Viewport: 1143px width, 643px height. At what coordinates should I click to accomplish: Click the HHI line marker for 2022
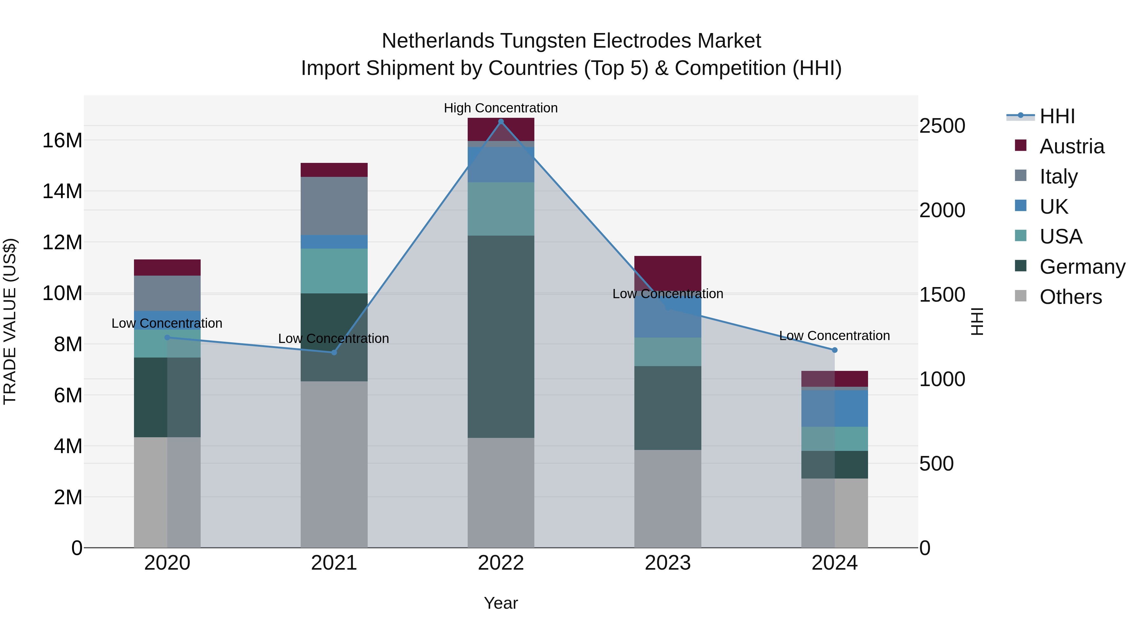(501, 122)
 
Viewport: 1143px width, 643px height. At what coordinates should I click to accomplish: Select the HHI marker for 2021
(334, 352)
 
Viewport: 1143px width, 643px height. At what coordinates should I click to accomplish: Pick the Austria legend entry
(1071, 146)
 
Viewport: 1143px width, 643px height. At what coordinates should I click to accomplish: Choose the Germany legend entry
(1082, 267)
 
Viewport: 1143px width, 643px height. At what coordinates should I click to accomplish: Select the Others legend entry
(1070, 297)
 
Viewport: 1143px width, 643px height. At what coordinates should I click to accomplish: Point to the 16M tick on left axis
(62, 141)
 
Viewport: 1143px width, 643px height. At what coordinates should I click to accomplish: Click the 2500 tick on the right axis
(942, 126)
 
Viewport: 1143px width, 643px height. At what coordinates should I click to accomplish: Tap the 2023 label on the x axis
(667, 563)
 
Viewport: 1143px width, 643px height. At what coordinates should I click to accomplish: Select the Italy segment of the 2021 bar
(334, 206)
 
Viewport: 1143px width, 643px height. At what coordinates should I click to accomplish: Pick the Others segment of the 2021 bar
(334, 464)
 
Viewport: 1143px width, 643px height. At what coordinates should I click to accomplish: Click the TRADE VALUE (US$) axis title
(10, 321)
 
